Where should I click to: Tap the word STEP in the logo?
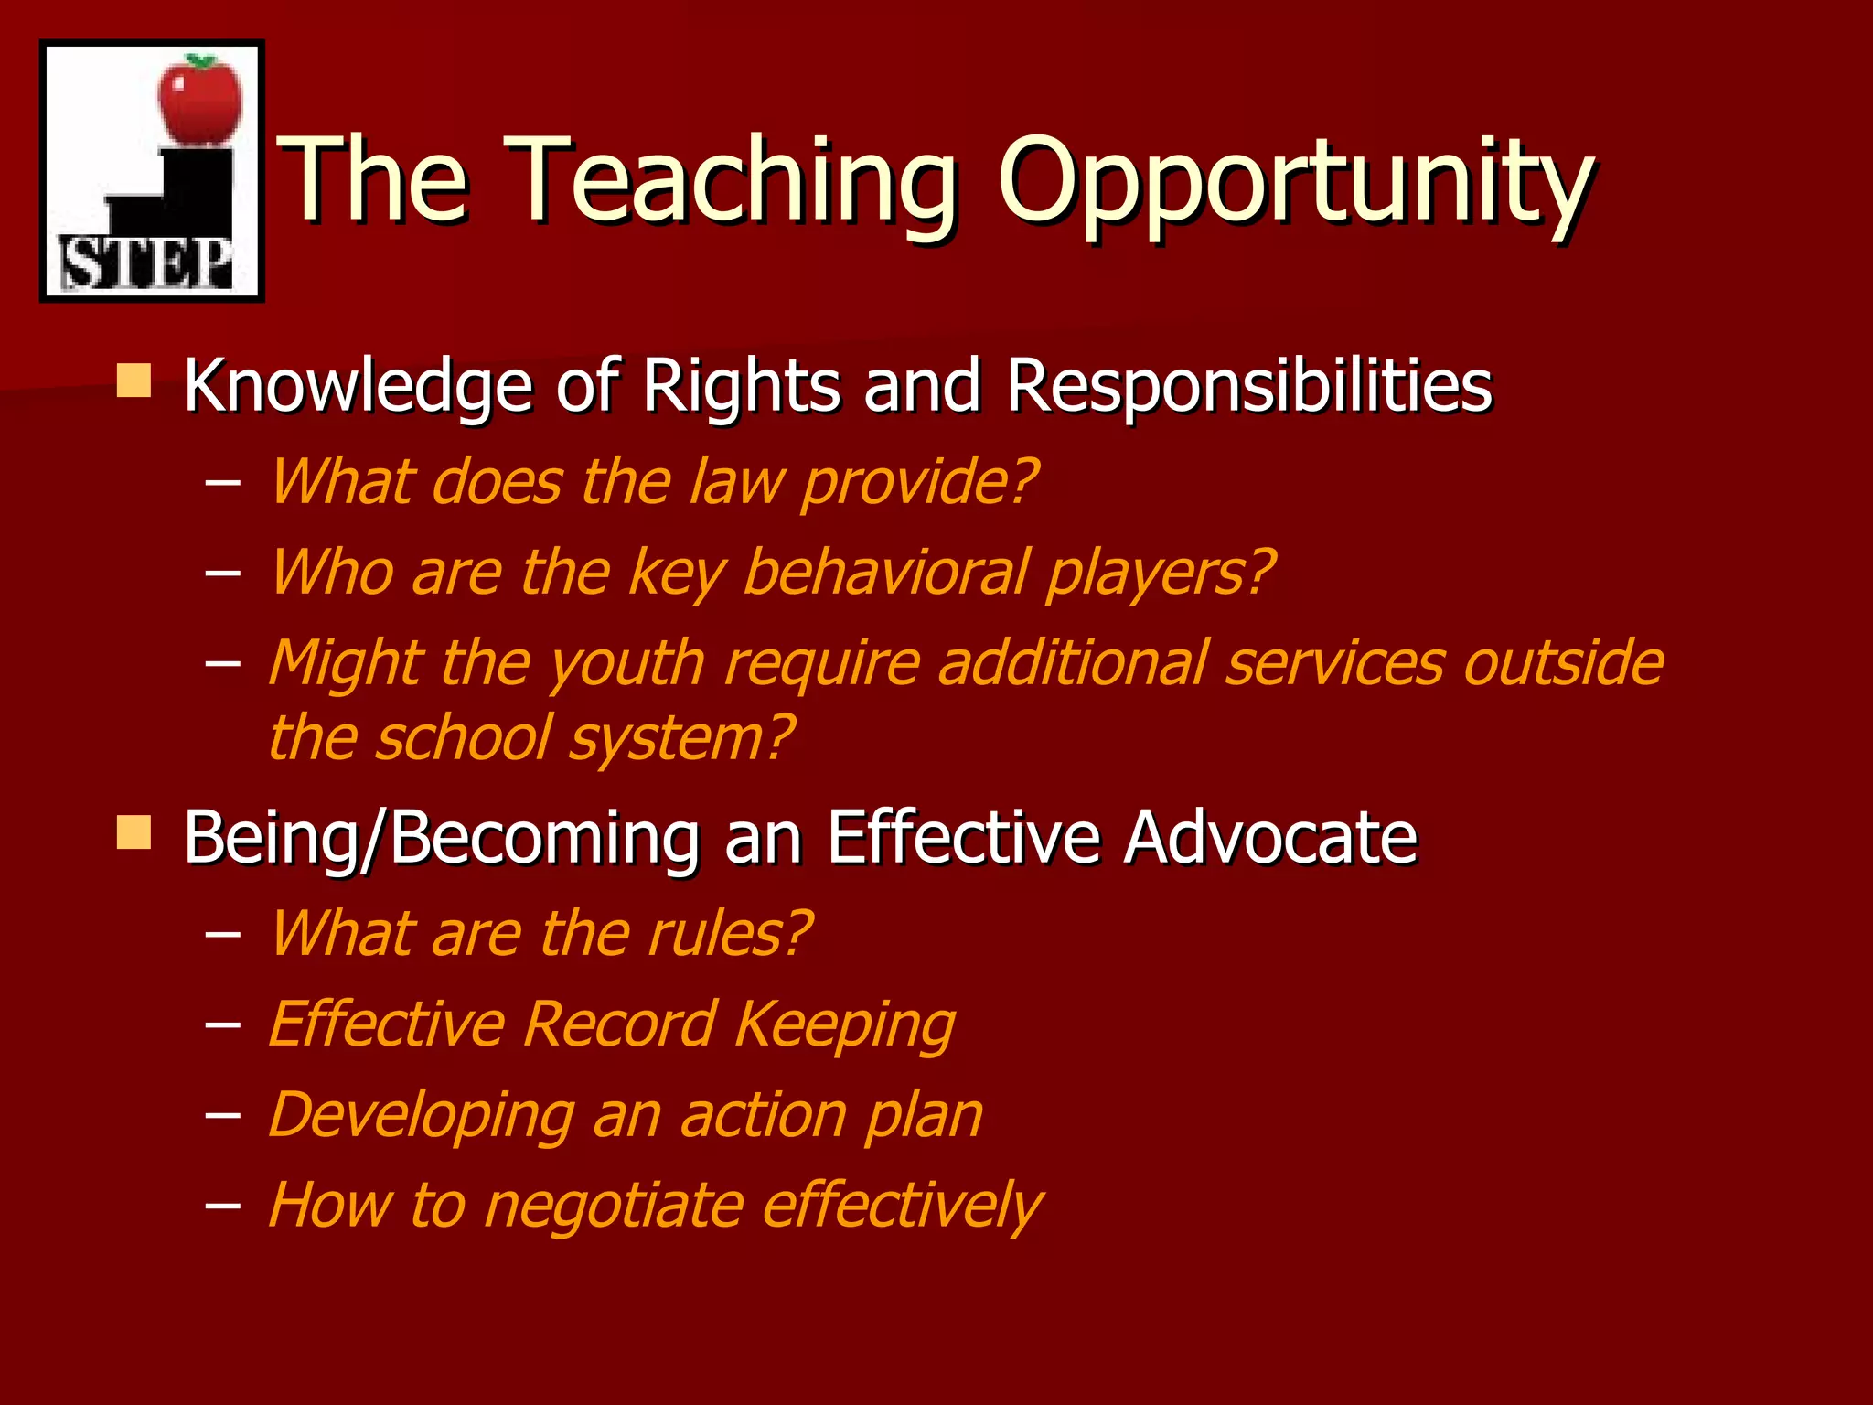[x=146, y=263]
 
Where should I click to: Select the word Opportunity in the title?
[x=1295, y=182]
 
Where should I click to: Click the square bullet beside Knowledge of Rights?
[x=134, y=381]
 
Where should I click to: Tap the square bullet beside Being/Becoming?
[x=134, y=832]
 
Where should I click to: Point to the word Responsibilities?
[x=1249, y=385]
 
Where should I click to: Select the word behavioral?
[x=886, y=573]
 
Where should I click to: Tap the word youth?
[x=626, y=664]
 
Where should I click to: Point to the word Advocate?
[x=1271, y=837]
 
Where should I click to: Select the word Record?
[x=620, y=1024]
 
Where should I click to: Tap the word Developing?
[x=422, y=1116]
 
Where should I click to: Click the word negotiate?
[x=613, y=1205]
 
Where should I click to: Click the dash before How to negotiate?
[x=222, y=1206]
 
